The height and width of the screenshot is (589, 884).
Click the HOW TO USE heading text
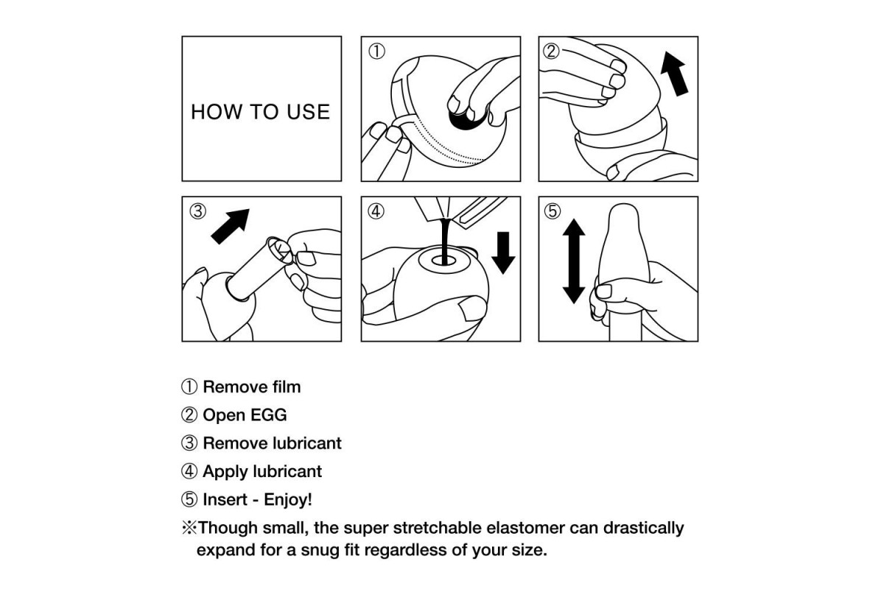[x=261, y=112]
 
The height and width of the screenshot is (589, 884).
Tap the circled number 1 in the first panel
[x=376, y=52]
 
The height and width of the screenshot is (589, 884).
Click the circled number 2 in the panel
[x=551, y=52]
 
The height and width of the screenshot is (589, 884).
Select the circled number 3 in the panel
[x=197, y=211]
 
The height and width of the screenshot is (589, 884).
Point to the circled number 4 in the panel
[x=376, y=211]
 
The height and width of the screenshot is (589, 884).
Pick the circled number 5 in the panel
[x=552, y=211]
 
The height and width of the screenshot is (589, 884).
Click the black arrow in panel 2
[x=675, y=74]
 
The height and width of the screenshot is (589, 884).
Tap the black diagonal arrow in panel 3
[x=230, y=227]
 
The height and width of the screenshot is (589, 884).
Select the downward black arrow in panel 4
[x=503, y=253]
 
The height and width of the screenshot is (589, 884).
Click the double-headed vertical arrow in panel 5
[x=574, y=261]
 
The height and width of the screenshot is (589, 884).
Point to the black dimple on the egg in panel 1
[x=466, y=119]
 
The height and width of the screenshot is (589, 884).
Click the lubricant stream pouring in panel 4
[x=445, y=241]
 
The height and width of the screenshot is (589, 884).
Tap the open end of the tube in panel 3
[x=279, y=250]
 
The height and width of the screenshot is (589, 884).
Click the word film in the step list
[x=287, y=387]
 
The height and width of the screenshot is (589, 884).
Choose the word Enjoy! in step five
[x=288, y=499]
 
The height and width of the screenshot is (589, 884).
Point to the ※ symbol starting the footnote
[x=189, y=528]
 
